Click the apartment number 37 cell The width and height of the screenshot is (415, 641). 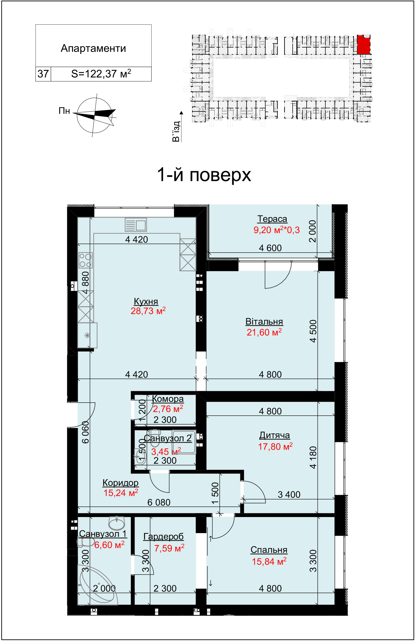(43, 74)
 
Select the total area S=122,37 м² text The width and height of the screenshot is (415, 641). (101, 73)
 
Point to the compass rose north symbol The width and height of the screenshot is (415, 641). (94, 115)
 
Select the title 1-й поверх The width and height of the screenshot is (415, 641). (204, 175)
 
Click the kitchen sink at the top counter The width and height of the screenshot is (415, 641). (136, 225)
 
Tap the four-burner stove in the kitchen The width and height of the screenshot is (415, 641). (86, 260)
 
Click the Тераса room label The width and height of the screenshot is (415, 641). (272, 219)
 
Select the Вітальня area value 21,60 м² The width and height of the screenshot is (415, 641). (264, 332)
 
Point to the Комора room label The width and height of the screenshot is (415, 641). (168, 399)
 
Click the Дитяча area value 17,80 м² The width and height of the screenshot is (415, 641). (275, 446)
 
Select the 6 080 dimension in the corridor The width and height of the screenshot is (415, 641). (159, 502)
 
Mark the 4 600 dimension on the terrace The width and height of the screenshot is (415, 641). (270, 248)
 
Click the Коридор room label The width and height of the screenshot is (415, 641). (121, 483)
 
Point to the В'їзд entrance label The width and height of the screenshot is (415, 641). (176, 131)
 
